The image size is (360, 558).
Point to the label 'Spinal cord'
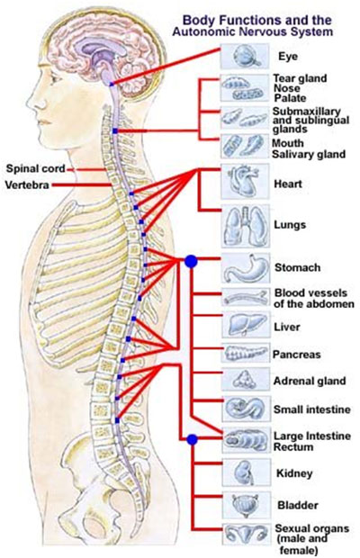point(32,167)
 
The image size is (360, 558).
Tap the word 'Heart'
point(288,184)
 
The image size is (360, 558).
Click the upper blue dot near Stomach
point(190,261)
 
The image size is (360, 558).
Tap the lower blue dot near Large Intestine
point(190,439)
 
